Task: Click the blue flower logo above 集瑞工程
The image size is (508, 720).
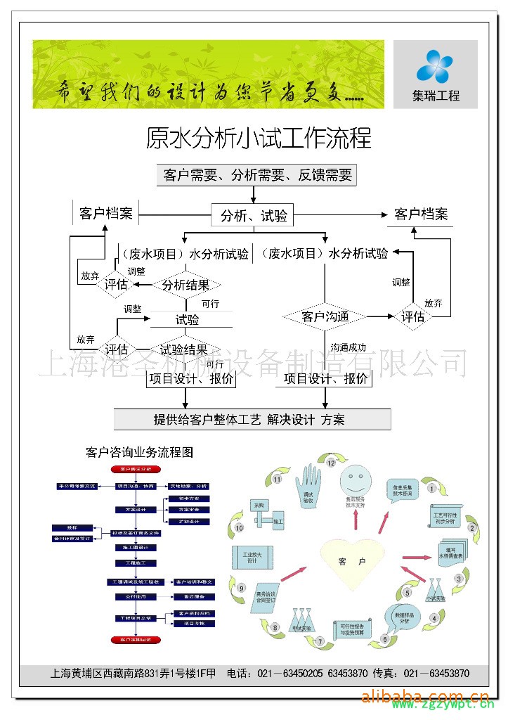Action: tap(436, 67)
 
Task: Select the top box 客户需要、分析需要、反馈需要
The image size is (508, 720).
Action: tap(256, 175)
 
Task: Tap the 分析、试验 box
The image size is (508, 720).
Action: tap(254, 216)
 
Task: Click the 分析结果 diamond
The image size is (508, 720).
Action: tap(185, 285)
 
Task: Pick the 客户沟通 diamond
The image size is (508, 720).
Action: tap(325, 317)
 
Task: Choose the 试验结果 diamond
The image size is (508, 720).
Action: tap(183, 349)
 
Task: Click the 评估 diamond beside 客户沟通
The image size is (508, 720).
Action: tap(413, 317)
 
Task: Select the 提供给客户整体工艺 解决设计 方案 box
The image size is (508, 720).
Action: tap(252, 420)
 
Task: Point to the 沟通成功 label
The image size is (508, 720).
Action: tap(349, 347)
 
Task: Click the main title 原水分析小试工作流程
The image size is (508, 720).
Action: tap(258, 138)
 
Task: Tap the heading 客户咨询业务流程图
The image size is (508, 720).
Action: tap(138, 452)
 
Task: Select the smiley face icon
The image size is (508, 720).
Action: tap(354, 482)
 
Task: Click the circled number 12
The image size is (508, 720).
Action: tap(330, 463)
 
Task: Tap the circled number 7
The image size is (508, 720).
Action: tap(319, 642)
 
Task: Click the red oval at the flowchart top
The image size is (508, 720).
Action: tap(135, 468)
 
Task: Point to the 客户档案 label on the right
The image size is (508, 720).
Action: tap(421, 214)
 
